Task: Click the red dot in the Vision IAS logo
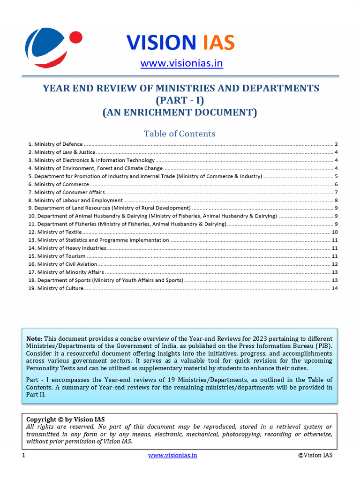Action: click(x=75, y=37)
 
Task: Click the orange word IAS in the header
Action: click(x=218, y=43)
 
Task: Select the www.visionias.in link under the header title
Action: click(x=182, y=63)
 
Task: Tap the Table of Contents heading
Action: click(x=180, y=134)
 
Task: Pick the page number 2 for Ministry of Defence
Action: click(x=337, y=144)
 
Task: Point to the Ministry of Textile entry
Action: click(x=55, y=232)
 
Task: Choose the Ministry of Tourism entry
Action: click(x=57, y=256)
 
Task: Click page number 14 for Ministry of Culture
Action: click(x=335, y=288)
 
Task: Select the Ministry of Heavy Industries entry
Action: click(x=67, y=248)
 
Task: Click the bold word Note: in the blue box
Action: click(x=34, y=338)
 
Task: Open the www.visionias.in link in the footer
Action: click(x=172, y=455)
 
